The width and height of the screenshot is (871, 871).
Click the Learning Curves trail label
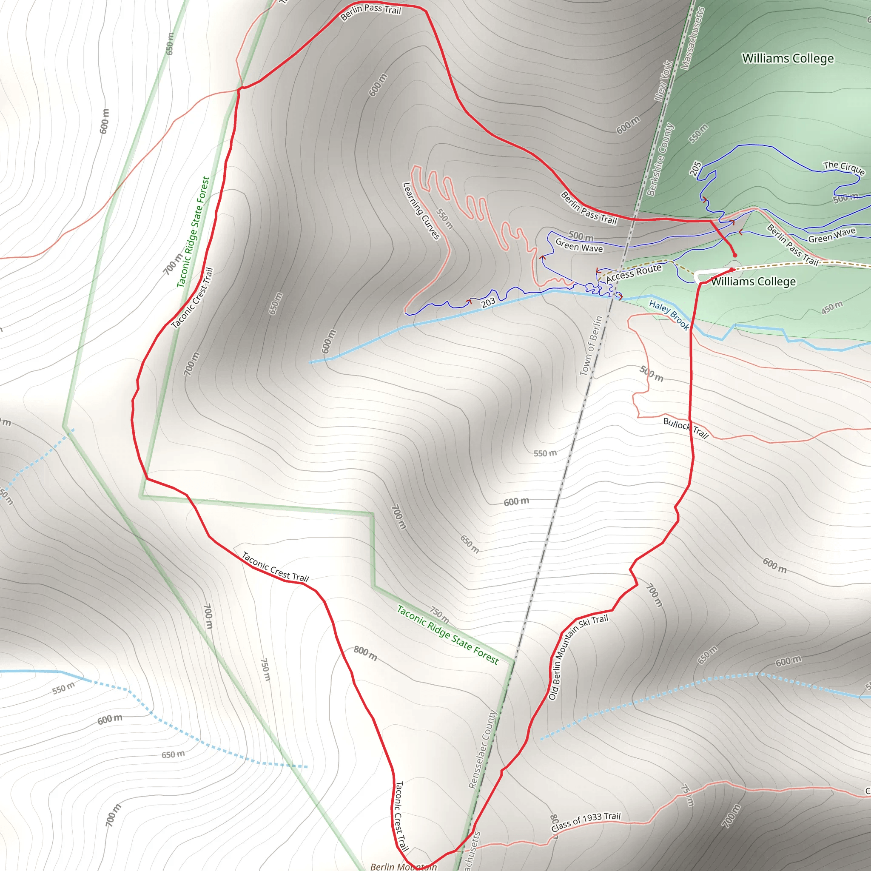pyautogui.click(x=421, y=211)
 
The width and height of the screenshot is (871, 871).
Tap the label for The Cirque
pyautogui.click(x=844, y=167)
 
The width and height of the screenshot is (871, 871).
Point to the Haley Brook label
pyautogui.click(x=669, y=315)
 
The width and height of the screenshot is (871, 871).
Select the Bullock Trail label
pyautogui.click(x=686, y=428)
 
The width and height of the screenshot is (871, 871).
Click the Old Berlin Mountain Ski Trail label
pyautogui.click(x=578, y=656)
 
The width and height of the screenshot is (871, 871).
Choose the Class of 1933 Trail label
pyautogui.click(x=586, y=821)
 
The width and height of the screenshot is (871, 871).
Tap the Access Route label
pyautogui.click(x=633, y=273)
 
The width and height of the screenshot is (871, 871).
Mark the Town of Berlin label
pyautogui.click(x=591, y=346)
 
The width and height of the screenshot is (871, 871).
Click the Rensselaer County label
pyautogui.click(x=482, y=749)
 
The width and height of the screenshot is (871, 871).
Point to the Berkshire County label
pyautogui.click(x=660, y=159)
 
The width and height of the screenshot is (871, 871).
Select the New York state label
pyautogui.click(x=663, y=81)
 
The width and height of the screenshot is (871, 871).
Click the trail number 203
pyautogui.click(x=488, y=302)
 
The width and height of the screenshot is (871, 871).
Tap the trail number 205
pyautogui.click(x=696, y=168)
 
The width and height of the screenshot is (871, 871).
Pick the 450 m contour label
pyautogui.click(x=832, y=307)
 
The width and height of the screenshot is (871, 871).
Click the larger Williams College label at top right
pyautogui.click(x=788, y=59)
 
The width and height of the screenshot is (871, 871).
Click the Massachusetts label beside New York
pyautogui.click(x=692, y=38)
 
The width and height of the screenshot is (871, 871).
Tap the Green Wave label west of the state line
pyautogui.click(x=579, y=246)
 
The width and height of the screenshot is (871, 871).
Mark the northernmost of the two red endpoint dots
pyautogui.click(x=735, y=255)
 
